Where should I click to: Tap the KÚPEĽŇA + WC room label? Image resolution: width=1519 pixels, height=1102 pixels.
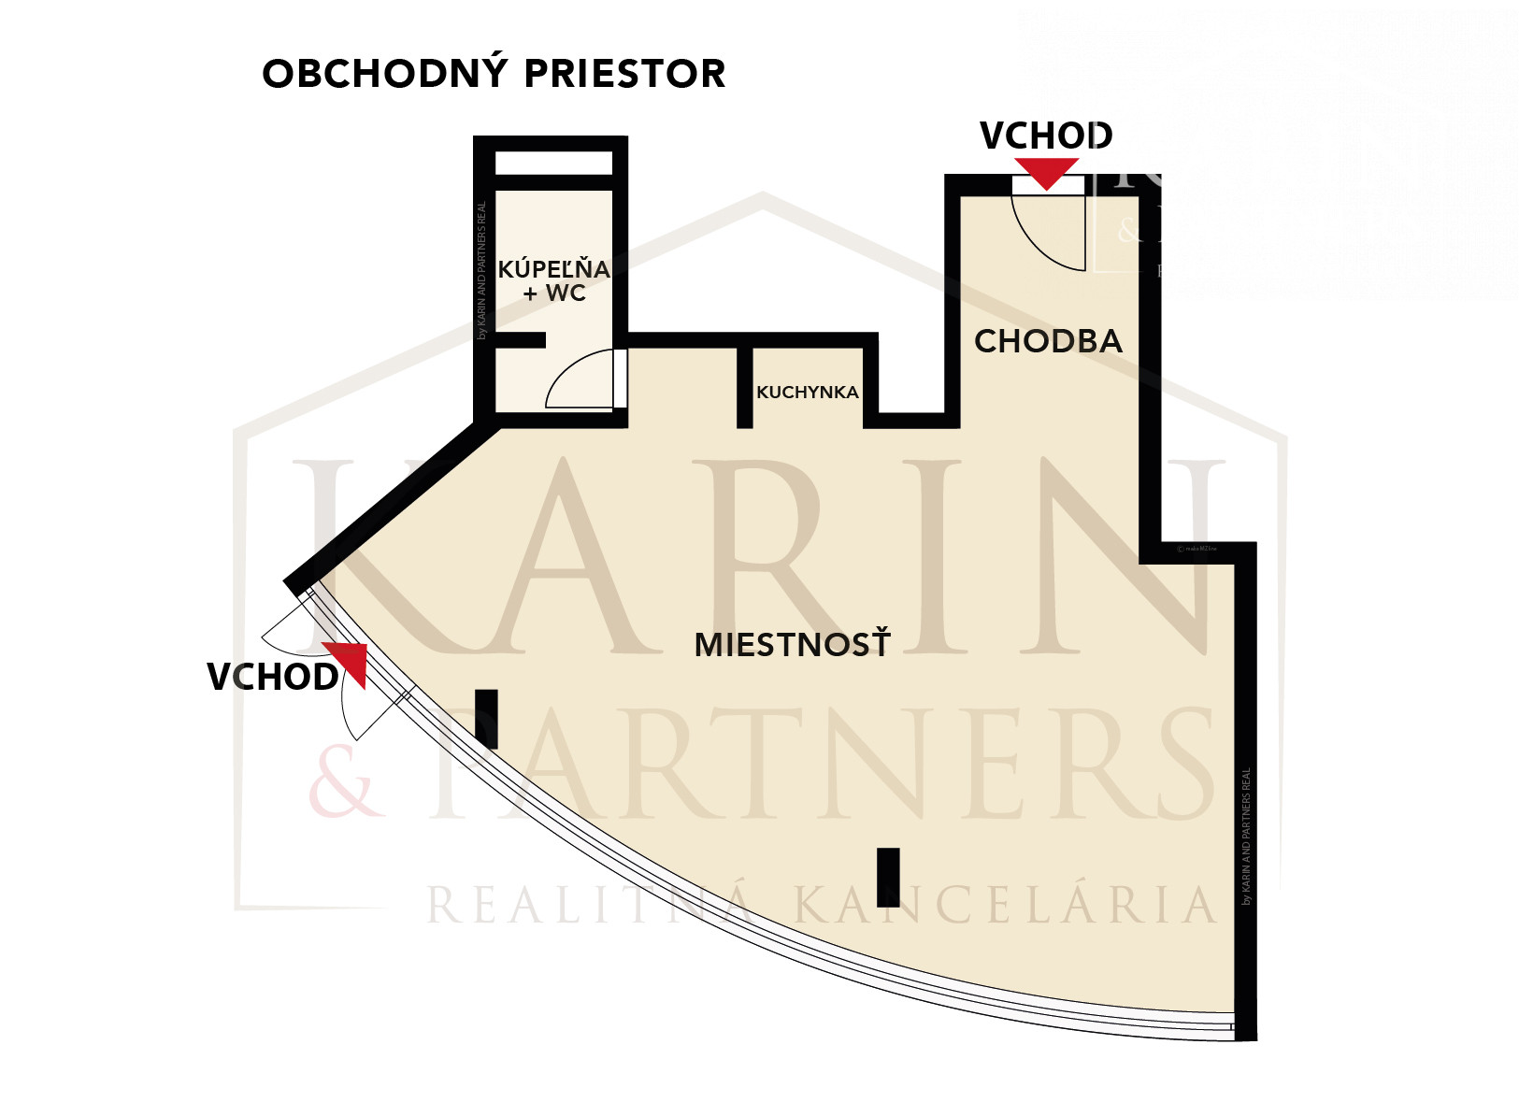click(x=553, y=280)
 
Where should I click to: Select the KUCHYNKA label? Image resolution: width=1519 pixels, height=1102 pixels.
click(x=807, y=393)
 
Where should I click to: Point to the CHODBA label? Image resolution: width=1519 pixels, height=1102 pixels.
click(x=1048, y=341)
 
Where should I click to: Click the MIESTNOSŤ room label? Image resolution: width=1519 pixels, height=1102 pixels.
click(x=792, y=644)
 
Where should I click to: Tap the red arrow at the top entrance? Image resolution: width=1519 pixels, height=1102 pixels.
click(x=1047, y=173)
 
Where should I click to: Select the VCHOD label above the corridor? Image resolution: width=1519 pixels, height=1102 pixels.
click(x=1046, y=136)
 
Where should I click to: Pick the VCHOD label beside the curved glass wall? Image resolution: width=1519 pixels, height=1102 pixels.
click(x=272, y=678)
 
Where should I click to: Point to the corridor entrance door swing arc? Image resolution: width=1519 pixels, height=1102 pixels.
click(x=1042, y=238)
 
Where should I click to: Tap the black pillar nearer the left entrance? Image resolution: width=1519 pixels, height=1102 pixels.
click(x=486, y=718)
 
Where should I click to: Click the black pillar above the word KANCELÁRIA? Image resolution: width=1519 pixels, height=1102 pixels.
click(x=888, y=877)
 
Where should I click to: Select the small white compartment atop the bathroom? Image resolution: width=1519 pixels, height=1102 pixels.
click(x=553, y=163)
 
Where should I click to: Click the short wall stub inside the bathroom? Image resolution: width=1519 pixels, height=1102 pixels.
click(x=520, y=340)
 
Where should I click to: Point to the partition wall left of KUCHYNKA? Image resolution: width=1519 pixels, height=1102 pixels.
click(x=745, y=386)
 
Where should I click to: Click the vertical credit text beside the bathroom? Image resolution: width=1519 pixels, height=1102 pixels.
click(x=482, y=271)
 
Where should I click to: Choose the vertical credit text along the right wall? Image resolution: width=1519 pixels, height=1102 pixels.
click(x=1246, y=837)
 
